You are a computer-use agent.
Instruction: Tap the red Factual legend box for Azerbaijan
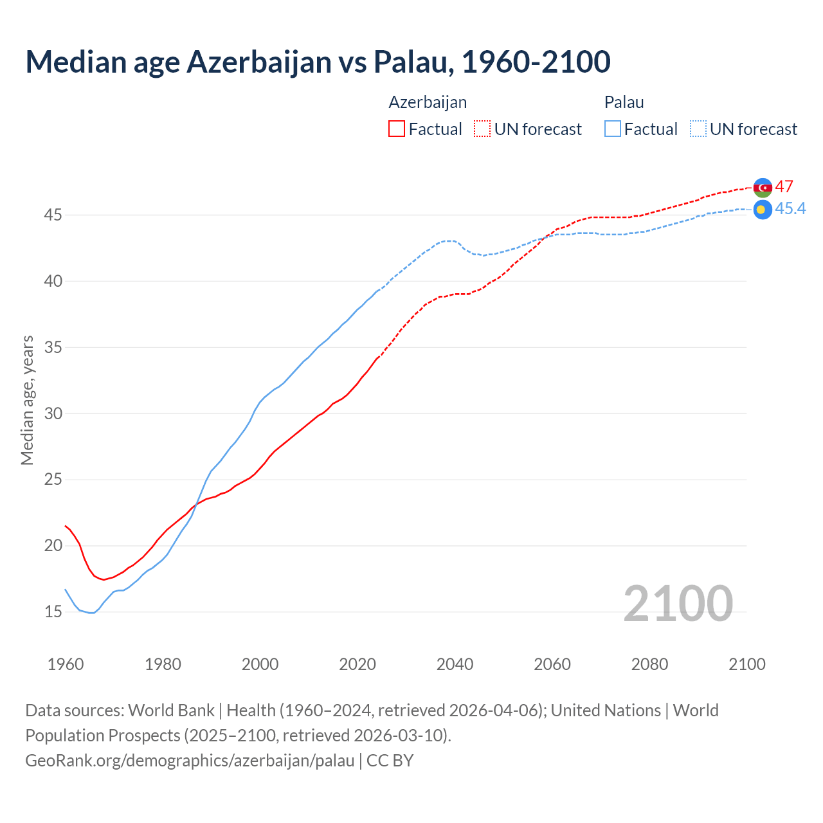click(x=397, y=129)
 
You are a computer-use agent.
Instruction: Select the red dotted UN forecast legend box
click(x=482, y=129)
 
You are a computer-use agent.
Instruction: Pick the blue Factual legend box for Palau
click(x=613, y=129)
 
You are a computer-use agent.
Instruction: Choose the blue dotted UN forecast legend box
click(x=698, y=129)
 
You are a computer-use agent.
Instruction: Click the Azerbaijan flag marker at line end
click(x=763, y=188)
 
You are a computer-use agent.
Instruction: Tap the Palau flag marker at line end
click(x=763, y=210)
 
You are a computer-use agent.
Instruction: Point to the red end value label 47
click(x=784, y=186)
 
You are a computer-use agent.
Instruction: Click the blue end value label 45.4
click(x=790, y=208)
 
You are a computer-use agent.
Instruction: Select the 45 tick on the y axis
click(x=53, y=215)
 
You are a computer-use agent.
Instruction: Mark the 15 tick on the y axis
click(x=53, y=611)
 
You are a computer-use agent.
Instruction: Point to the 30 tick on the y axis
click(x=53, y=413)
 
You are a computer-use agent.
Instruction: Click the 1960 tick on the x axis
click(x=66, y=664)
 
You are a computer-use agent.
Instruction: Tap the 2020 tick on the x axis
click(x=357, y=664)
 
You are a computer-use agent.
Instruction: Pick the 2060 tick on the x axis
click(x=552, y=664)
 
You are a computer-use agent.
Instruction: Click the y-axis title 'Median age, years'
click(x=27, y=400)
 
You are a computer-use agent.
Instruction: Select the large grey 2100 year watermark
click(x=678, y=603)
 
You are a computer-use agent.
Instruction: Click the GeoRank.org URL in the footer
click(x=190, y=761)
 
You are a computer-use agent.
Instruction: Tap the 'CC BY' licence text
click(x=390, y=761)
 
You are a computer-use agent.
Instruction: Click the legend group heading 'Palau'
click(x=624, y=102)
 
